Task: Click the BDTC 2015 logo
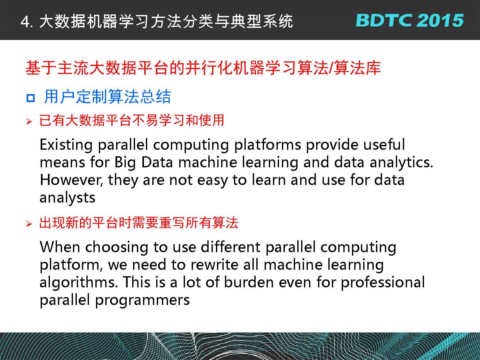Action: click(x=410, y=20)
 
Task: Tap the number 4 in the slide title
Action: click(x=25, y=22)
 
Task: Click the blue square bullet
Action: click(x=31, y=98)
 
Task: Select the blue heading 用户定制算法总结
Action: click(x=108, y=96)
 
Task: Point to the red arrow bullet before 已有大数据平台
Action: click(x=29, y=121)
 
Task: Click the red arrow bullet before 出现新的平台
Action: click(x=29, y=224)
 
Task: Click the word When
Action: click(x=60, y=247)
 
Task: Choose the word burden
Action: click(x=249, y=282)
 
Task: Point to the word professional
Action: click(x=383, y=283)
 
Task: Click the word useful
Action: click(x=384, y=145)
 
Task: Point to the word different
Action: click(x=230, y=247)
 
